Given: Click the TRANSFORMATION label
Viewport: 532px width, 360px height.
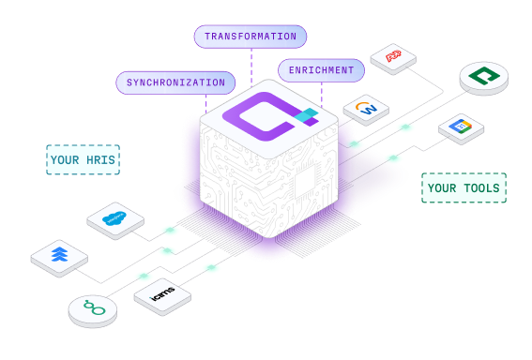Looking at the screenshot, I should click(251, 37).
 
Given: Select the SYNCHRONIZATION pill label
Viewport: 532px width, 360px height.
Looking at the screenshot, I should click(175, 82).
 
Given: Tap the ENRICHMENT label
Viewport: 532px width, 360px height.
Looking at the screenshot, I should click(321, 70).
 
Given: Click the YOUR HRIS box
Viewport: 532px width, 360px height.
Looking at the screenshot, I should click(83, 160).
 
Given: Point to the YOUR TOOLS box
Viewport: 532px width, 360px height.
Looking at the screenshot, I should click(464, 187).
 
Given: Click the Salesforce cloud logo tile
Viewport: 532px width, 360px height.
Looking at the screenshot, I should click(114, 219).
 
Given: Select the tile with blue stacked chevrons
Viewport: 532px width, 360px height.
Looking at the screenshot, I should click(59, 256).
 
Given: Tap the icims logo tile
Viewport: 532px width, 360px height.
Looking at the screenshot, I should click(161, 295).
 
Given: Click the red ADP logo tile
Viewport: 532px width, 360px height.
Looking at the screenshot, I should click(392, 56).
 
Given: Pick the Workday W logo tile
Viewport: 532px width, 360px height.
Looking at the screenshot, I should click(366, 110).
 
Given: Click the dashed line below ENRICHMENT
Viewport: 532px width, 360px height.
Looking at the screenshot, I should click(322, 92).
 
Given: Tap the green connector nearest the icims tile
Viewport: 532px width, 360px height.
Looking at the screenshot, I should click(212, 268).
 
